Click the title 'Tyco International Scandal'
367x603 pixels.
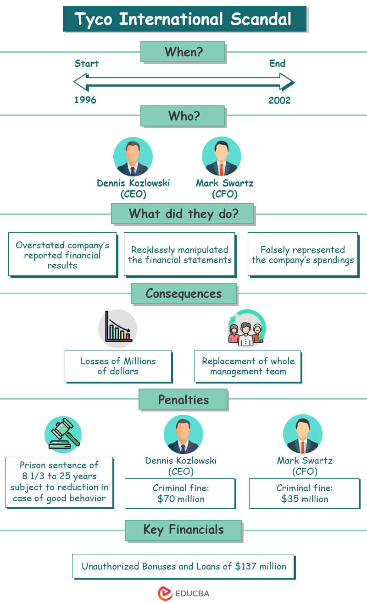(x=183, y=19)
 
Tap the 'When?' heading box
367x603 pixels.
(x=182, y=52)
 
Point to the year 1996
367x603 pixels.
(x=85, y=100)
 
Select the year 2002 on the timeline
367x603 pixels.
(x=279, y=100)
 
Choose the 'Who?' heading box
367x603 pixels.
(x=182, y=116)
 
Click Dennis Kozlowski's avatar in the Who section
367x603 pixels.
(x=133, y=157)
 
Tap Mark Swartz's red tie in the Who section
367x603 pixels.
(x=221, y=169)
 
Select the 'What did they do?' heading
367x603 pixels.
(x=182, y=214)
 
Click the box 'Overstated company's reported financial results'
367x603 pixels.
(x=62, y=254)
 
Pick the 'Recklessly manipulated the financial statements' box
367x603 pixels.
(x=179, y=254)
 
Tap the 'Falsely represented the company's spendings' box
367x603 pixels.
(x=302, y=254)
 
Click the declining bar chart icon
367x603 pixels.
(x=117, y=327)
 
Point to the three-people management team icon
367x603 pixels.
(x=246, y=328)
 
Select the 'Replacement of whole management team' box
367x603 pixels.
(x=248, y=366)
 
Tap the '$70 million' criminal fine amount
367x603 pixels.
(x=180, y=499)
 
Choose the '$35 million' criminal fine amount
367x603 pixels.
(x=304, y=499)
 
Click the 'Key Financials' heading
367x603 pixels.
(x=183, y=530)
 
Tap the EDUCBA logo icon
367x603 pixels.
(x=165, y=593)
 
